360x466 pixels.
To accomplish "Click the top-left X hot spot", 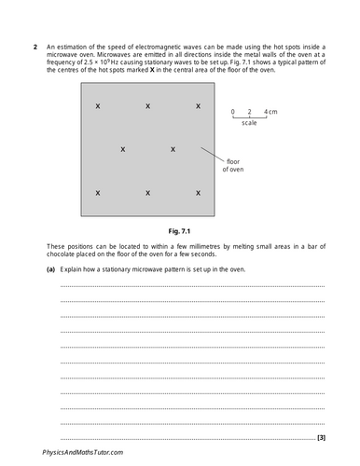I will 98,107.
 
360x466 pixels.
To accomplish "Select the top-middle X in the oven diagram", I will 148,107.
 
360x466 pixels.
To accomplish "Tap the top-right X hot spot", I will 198,107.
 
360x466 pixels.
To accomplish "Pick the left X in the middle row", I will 123,149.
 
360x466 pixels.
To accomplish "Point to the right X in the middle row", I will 173,149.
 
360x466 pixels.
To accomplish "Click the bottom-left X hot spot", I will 98,192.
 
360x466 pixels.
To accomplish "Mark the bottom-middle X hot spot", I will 148,192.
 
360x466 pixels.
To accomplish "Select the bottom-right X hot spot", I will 198,192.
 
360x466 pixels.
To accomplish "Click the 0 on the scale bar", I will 234,111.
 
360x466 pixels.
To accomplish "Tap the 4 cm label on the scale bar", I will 270,111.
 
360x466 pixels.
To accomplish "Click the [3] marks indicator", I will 321,437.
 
